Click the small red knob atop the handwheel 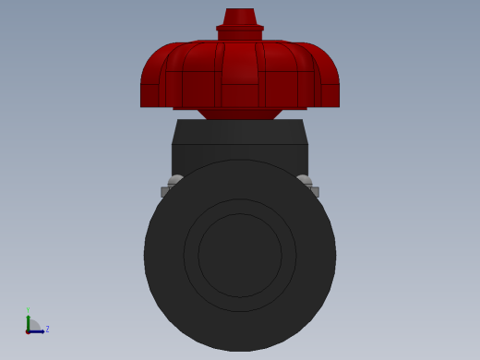[x=240, y=17]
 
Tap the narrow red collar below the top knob [x=240, y=29]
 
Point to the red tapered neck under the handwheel [x=240, y=114]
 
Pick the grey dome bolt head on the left [x=175, y=180]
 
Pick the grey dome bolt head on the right [x=304, y=180]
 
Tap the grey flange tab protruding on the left [x=165, y=192]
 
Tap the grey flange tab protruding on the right [x=315, y=192]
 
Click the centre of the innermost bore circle [x=240, y=256]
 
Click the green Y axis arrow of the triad [x=28, y=320]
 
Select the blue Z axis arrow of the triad [x=37, y=330]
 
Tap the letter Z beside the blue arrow [x=47, y=329]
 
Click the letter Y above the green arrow [x=28, y=310]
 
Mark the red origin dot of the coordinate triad [x=28, y=330]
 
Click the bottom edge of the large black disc [x=240, y=350]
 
